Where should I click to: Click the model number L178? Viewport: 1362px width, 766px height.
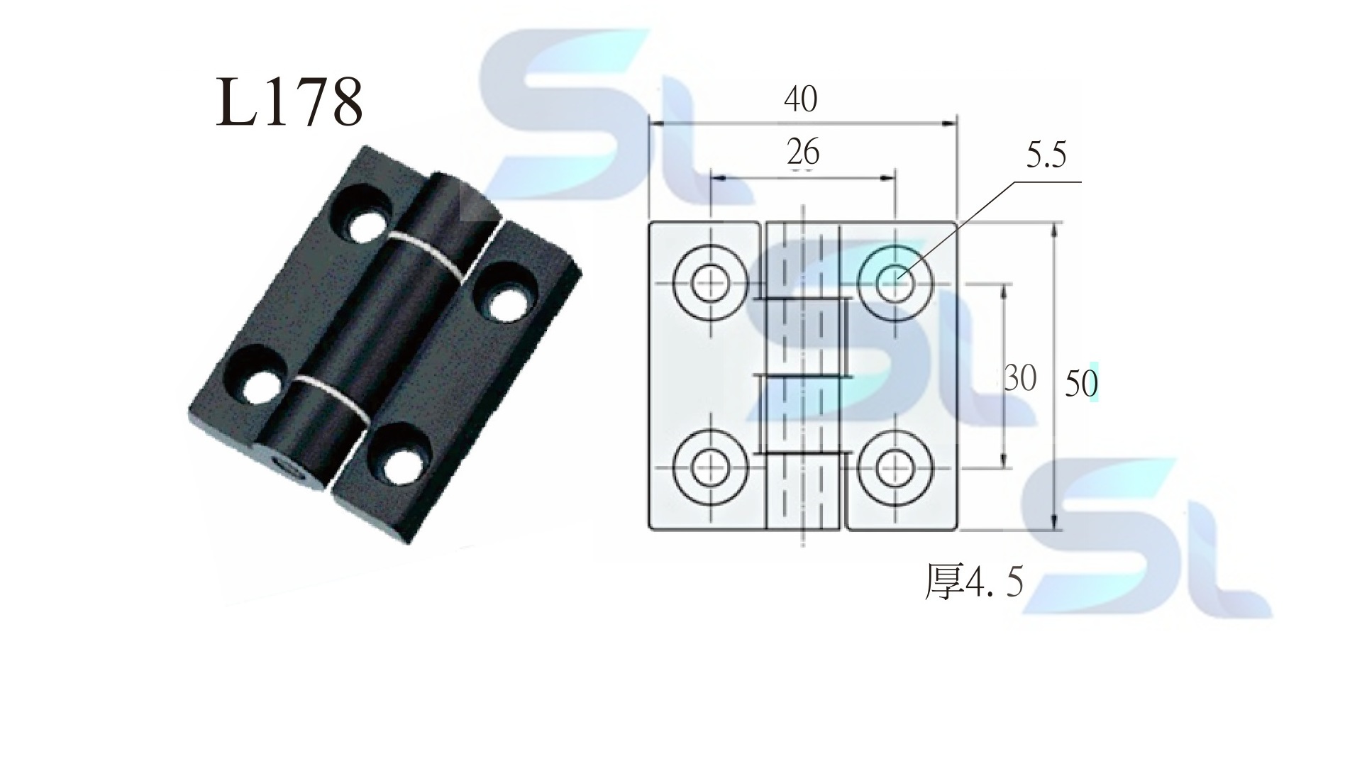click(289, 102)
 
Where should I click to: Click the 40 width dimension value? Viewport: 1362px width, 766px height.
click(800, 99)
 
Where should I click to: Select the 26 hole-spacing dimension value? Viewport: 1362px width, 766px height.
click(803, 152)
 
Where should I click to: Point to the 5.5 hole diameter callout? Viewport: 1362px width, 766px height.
click(1046, 155)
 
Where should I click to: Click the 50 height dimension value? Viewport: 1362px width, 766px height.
click(1081, 384)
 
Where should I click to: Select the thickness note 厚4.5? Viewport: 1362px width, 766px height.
click(974, 582)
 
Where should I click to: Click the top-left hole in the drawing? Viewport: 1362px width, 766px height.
click(710, 282)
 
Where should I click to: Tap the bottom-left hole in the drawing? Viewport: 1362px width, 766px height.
click(710, 467)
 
